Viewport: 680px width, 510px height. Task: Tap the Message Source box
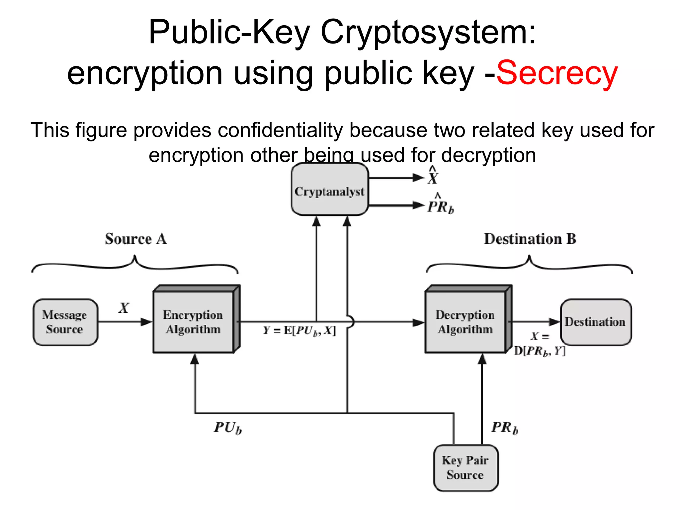(65, 322)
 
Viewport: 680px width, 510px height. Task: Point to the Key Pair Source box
(465, 467)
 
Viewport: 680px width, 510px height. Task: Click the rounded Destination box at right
(596, 322)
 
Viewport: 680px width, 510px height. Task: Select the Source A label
(135, 239)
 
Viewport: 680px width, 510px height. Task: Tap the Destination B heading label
(530, 239)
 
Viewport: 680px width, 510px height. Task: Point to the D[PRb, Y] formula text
(539, 351)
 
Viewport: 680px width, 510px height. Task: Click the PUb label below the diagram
(228, 428)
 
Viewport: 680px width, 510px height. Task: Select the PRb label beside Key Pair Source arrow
(505, 428)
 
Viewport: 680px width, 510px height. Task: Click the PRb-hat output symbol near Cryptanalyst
(440, 205)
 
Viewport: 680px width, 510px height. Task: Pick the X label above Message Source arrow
(124, 308)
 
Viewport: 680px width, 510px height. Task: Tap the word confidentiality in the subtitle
(280, 130)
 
